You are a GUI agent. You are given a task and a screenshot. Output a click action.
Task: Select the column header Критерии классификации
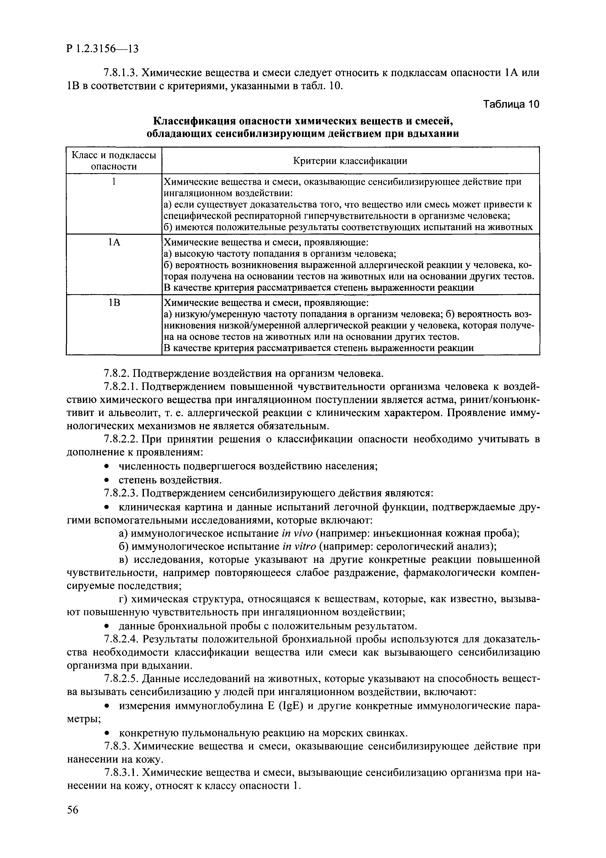click(x=350, y=161)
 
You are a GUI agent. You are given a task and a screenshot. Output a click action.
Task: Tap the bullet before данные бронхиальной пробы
click(x=107, y=626)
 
